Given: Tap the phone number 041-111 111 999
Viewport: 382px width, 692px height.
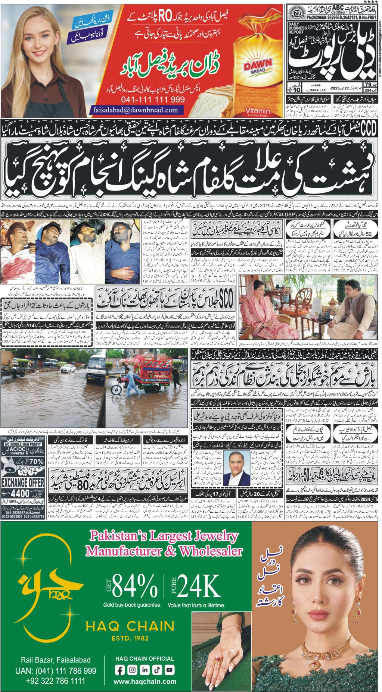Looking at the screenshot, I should click(153, 100).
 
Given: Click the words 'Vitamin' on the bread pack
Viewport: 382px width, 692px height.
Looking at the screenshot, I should click(258, 111).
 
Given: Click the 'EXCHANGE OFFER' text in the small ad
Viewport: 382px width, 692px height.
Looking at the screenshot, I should click(23, 482).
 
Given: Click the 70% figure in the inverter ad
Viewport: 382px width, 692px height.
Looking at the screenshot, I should click(36, 462).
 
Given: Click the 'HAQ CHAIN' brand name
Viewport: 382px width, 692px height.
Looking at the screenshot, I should click(130, 626).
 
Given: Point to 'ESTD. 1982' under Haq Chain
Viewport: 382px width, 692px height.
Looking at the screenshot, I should click(130, 638).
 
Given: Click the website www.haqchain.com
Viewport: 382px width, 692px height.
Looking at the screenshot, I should click(145, 681).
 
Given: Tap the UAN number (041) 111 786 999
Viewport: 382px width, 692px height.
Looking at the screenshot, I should click(56, 670).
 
